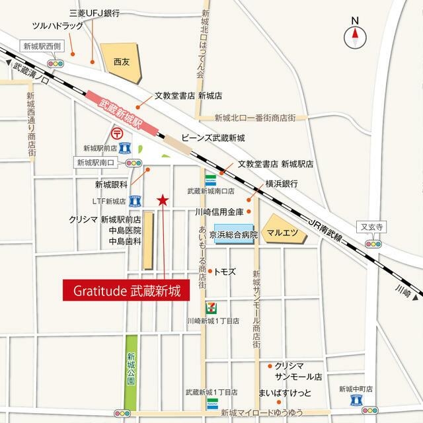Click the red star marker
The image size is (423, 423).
[x=162, y=200]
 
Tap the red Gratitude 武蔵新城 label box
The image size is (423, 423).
[x=126, y=289]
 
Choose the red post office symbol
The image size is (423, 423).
[x=117, y=132]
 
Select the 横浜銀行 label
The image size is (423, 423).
[x=282, y=183]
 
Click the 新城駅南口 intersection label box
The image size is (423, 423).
[x=96, y=162]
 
